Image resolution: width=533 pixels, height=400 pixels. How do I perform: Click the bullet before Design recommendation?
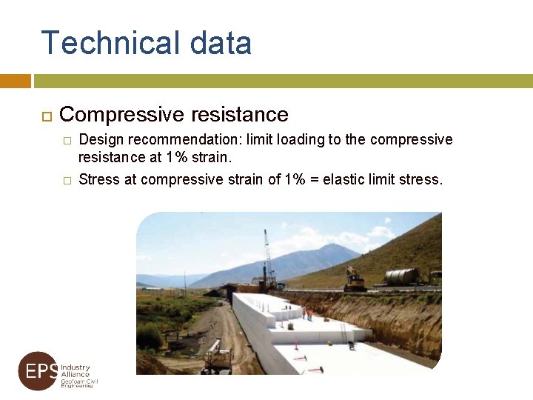[66, 141]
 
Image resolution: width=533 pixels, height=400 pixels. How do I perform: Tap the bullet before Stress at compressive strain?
[66, 180]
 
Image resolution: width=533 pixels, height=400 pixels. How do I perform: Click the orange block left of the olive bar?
[15, 81]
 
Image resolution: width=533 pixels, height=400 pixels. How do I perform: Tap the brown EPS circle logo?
[38, 370]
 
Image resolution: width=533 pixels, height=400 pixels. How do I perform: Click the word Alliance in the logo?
[75, 375]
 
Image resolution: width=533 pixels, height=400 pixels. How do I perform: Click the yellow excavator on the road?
[355, 279]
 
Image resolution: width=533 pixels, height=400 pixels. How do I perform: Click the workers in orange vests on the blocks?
[307, 313]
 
